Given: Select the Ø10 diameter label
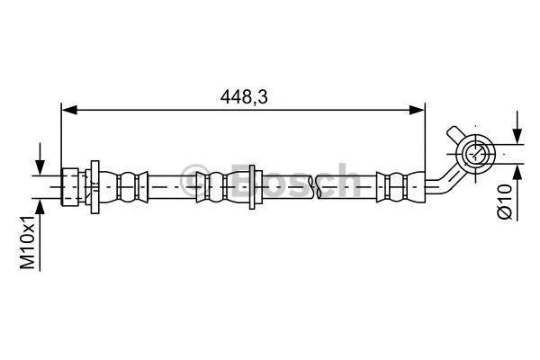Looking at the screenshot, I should click(504, 200).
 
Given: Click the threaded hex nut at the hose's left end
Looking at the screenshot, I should click(70, 186).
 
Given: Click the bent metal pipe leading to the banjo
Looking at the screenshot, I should click(439, 180).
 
